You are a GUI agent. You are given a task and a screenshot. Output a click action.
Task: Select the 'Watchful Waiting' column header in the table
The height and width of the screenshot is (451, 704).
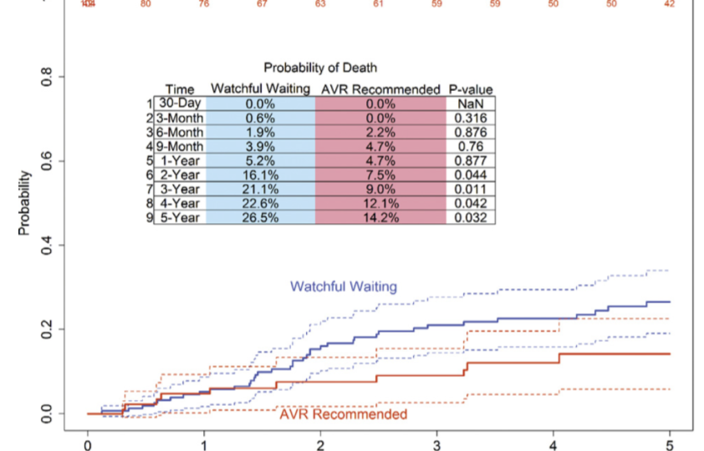coord(260,89)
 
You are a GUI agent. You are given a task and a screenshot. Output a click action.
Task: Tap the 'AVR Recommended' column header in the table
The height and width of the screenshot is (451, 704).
coord(380,89)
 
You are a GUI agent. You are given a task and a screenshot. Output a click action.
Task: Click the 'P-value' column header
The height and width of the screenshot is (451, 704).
coord(471,89)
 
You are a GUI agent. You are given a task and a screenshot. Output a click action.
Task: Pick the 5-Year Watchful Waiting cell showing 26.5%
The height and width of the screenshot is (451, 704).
coord(260,217)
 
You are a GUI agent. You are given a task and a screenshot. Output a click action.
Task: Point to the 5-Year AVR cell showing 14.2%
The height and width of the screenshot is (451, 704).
coord(380,217)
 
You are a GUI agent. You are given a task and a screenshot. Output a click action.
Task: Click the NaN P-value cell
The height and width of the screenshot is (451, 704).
coord(471,104)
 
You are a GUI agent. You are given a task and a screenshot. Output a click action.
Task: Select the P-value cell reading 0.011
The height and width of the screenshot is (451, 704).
coord(471,189)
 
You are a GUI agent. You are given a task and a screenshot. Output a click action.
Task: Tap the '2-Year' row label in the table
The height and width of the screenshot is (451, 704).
coord(179,175)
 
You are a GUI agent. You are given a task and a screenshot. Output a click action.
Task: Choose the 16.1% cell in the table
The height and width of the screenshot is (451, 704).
coord(260,175)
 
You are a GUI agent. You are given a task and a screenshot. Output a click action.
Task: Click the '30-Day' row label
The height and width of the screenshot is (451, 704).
coord(179,104)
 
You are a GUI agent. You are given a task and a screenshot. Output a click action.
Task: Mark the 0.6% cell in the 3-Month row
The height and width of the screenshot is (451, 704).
coord(260,118)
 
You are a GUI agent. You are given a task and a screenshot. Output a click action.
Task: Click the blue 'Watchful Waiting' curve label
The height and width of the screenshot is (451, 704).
coord(344,286)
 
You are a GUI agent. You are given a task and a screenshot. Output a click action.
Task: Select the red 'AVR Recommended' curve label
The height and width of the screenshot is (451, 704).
coord(344,414)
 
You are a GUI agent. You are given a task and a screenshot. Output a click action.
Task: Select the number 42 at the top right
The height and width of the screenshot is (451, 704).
coord(669,4)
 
